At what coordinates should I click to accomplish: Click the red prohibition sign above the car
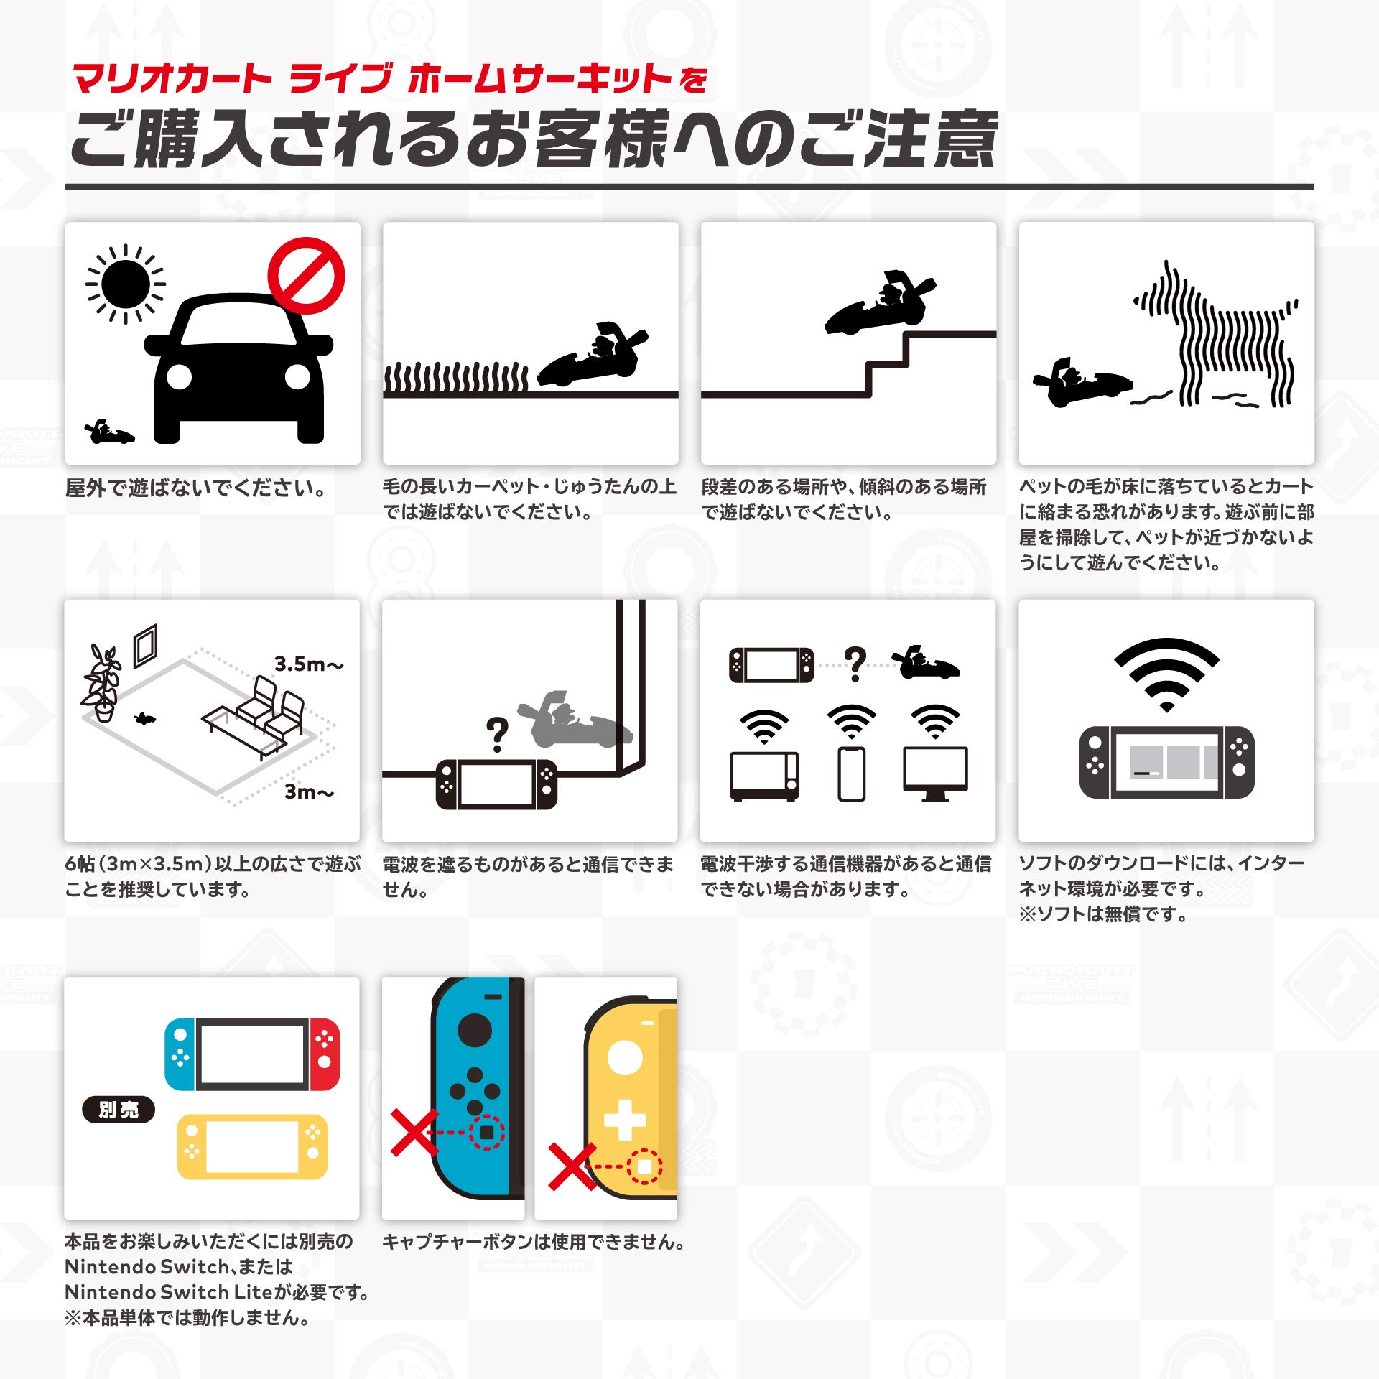point(306,276)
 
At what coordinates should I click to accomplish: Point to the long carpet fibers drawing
point(456,379)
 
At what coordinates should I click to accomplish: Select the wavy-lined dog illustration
point(1221,338)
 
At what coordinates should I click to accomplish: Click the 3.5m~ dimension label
point(309,664)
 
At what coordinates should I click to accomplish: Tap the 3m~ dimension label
point(309,791)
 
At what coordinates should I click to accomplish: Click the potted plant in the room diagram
point(101,682)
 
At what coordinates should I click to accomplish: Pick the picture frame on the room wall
point(145,645)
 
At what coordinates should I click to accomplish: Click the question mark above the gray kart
point(497,734)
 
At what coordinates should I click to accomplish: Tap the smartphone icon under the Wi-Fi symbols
point(851,774)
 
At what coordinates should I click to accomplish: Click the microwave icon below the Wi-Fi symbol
point(764,776)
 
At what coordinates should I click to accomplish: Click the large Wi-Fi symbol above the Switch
point(1166,672)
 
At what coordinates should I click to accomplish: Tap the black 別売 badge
point(119,1110)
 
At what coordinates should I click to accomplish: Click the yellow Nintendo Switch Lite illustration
point(251,1146)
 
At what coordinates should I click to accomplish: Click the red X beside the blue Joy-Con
point(414,1132)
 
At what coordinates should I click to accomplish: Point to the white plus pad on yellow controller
point(624,1119)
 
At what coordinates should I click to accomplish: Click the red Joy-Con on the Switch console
point(325,1054)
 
